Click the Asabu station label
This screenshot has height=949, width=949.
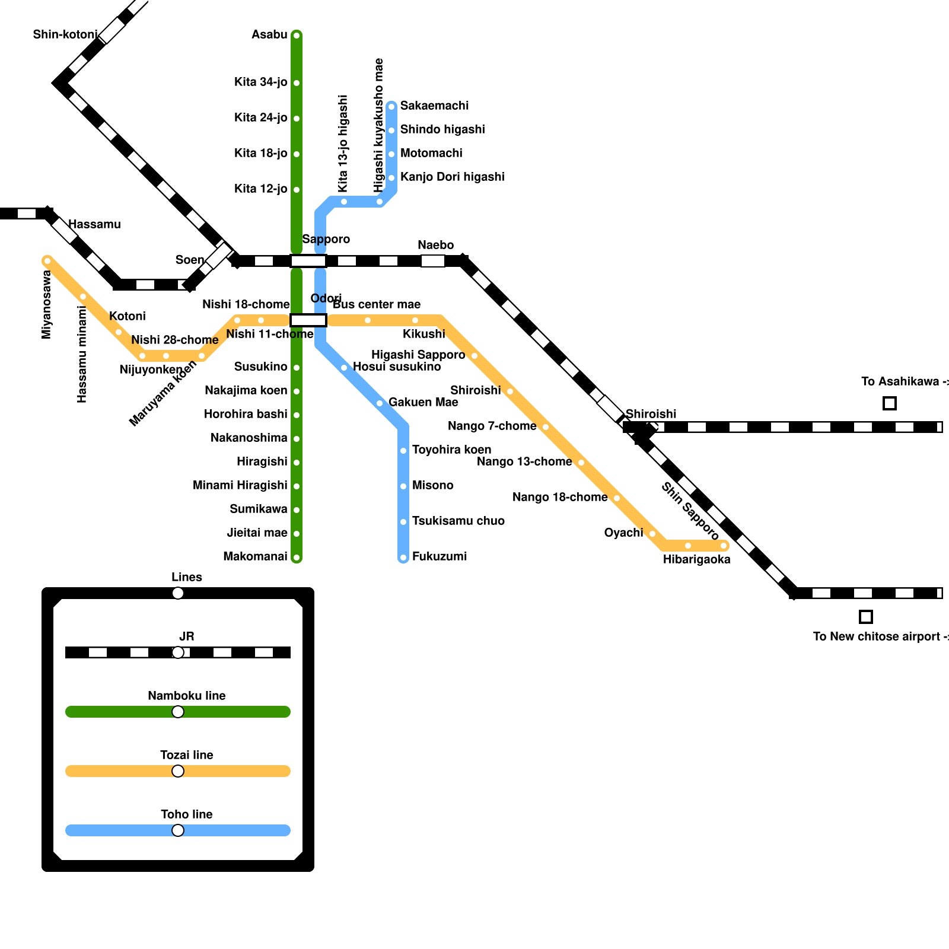pos(269,35)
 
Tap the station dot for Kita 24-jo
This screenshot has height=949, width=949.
pos(297,119)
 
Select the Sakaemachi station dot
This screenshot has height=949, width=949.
pos(391,107)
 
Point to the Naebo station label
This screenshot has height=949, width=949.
pos(435,246)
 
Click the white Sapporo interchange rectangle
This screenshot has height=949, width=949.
pos(308,261)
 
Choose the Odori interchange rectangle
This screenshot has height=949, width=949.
pos(308,320)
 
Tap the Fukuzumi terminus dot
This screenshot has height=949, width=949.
pos(403,558)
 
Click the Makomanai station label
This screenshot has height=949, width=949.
pos(255,557)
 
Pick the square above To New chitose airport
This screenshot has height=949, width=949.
pos(866,617)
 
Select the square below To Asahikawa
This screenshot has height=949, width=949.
pos(890,403)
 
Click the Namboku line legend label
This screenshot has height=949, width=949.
pos(186,696)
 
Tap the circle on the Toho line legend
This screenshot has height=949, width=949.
pos(178,830)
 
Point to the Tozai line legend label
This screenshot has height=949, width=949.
pos(186,756)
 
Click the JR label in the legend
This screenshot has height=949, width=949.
pos(186,637)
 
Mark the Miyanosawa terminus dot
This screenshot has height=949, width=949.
pos(47,261)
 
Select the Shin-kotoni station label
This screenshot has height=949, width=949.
pos(65,35)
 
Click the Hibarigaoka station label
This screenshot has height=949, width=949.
pos(696,560)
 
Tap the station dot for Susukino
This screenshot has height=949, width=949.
pos(297,368)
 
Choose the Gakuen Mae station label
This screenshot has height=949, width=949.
pos(423,403)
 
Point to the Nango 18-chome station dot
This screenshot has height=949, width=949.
pos(617,498)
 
